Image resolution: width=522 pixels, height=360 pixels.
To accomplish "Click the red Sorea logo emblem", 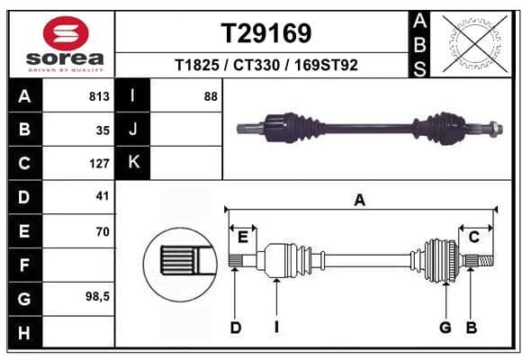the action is (x=66, y=33).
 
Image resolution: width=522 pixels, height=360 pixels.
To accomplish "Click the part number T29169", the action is (x=266, y=33).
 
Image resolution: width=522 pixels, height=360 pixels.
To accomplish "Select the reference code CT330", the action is (x=256, y=65).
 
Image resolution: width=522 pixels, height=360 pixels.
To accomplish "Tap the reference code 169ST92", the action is (x=326, y=65).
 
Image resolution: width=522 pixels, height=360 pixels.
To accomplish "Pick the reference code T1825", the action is (x=197, y=65).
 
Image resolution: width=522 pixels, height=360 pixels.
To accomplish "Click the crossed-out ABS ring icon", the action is (x=475, y=43).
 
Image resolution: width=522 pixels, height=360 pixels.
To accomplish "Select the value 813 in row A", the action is (x=99, y=96).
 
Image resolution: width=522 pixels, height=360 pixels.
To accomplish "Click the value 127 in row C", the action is (x=99, y=164).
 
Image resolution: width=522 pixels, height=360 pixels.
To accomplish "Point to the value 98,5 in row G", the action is (x=97, y=296).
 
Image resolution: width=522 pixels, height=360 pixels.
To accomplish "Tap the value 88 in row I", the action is (x=211, y=96).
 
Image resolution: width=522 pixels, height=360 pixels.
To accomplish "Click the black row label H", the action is (x=25, y=332).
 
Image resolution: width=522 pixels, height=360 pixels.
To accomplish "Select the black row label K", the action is (x=133, y=163).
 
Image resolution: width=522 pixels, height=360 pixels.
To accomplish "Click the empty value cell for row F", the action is (x=79, y=265).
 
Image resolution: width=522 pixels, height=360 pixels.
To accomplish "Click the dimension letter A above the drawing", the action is (x=359, y=201).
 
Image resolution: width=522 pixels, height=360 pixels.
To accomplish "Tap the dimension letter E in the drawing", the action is (x=243, y=238).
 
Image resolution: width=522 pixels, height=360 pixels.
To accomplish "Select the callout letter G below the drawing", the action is (x=445, y=328).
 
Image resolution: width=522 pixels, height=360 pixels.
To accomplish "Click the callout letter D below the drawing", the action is (x=236, y=328).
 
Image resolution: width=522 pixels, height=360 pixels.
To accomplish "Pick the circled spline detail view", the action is (x=180, y=265).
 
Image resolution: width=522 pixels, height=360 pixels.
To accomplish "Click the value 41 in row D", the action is (x=103, y=196).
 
